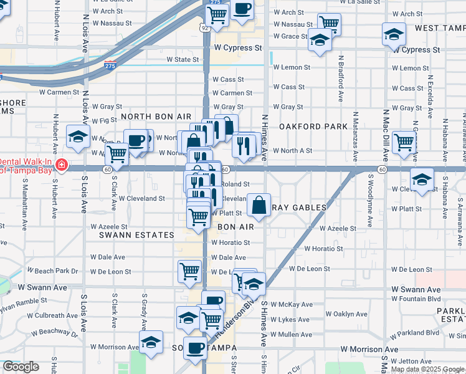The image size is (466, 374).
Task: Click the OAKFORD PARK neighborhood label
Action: click(x=313, y=127)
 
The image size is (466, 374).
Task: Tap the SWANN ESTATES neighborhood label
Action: click(x=136, y=235)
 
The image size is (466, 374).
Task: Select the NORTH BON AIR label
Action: click(x=156, y=117)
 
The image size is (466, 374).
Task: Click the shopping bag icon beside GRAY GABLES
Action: click(x=259, y=204)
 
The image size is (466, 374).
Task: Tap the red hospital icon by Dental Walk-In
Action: click(x=61, y=165)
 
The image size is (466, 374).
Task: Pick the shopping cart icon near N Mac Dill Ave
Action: click(x=404, y=142)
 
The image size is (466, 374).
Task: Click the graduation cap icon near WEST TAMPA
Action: click(x=394, y=34)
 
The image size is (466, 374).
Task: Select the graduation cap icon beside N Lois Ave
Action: click(x=78, y=137)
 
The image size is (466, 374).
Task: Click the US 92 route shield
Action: click(x=204, y=27)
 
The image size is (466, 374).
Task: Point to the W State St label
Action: click(x=182, y=60)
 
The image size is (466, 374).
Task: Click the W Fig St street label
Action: click(x=104, y=120)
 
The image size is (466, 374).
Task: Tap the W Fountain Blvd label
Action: click(x=416, y=300)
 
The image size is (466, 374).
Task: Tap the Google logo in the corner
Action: click(x=21, y=367)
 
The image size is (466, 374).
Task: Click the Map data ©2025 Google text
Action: click(x=427, y=369)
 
